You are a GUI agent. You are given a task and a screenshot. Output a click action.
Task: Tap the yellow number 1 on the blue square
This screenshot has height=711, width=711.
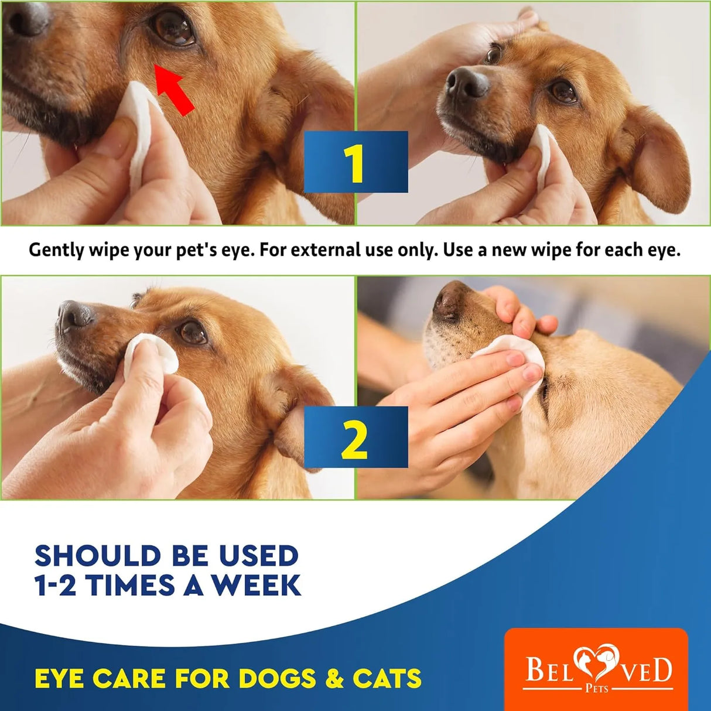pos(355,163)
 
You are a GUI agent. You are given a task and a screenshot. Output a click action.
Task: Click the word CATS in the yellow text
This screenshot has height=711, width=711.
pos(387,679)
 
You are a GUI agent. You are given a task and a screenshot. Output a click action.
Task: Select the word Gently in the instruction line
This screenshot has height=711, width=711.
pos(56,250)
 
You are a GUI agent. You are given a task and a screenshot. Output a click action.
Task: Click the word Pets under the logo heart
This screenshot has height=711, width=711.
pos(597,689)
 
